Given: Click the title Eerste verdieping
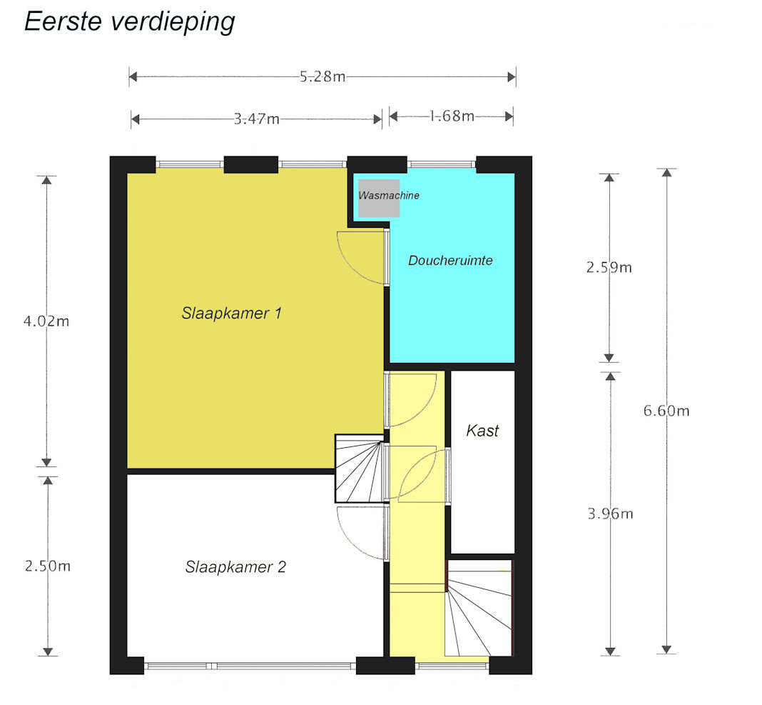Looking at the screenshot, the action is pos(130,22).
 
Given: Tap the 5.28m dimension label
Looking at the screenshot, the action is pos(322,76).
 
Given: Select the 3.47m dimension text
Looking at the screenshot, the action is pos(257,119).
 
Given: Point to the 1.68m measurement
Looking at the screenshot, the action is pos(452,116).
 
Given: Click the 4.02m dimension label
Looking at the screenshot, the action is pos(46,321).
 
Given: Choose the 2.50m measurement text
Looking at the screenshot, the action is pos(48,566).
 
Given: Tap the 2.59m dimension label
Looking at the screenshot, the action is pos(609,267).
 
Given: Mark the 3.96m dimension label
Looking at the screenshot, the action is pos(610,514).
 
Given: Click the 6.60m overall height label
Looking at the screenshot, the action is pos(666,411).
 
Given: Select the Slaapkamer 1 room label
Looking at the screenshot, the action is pos(231,313).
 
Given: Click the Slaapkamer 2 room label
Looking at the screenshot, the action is pos(235,567).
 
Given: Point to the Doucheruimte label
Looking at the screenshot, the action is pos(450,261).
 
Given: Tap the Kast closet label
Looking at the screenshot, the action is pos(482,431).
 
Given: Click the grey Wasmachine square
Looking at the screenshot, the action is pos(379,198).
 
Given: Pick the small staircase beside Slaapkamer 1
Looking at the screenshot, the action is pos(359,469).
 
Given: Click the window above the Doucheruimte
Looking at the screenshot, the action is pos(441,164).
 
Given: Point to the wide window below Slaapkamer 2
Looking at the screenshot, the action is pos(250,666).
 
